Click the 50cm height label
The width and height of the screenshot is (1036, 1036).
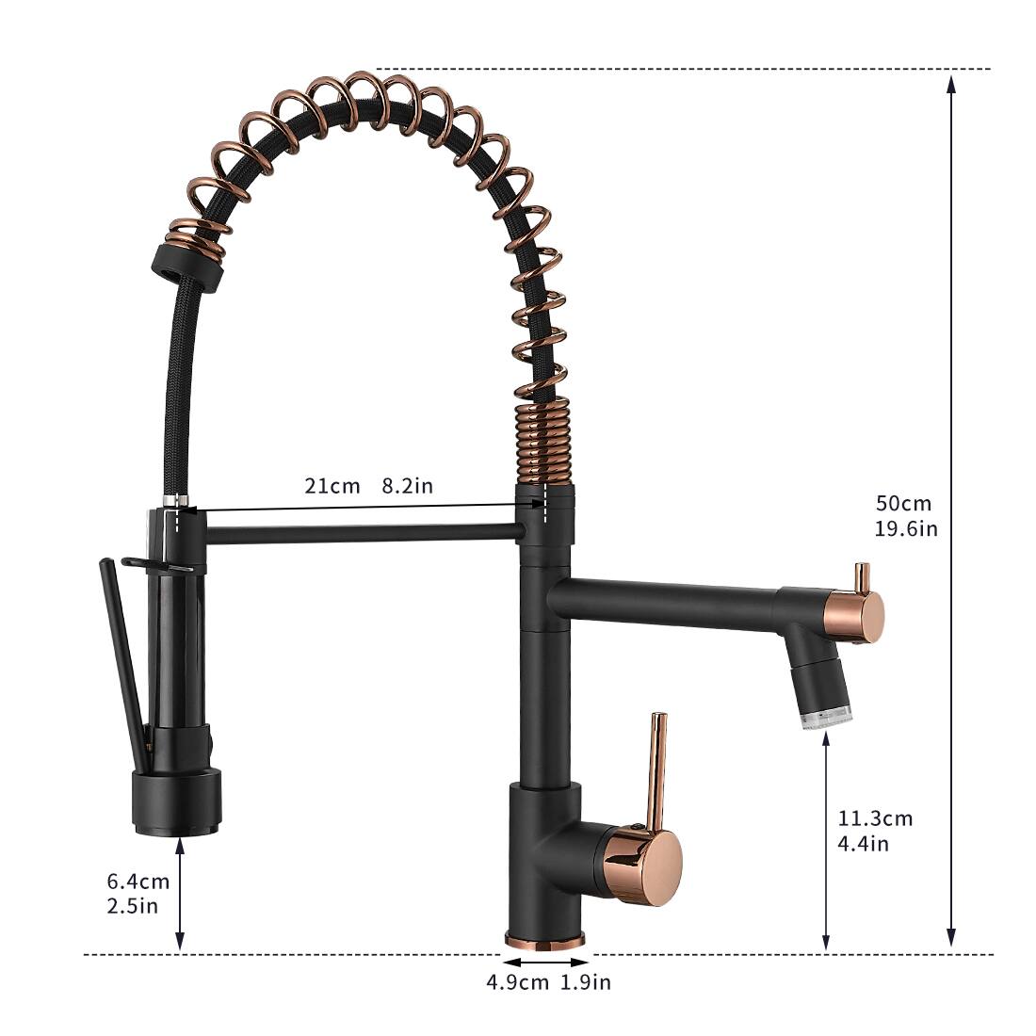(902, 504)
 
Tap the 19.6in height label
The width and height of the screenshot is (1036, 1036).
(906, 528)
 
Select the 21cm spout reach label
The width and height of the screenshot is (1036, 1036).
(332, 486)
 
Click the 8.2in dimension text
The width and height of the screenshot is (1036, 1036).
(407, 486)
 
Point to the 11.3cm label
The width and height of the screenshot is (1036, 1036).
(875, 818)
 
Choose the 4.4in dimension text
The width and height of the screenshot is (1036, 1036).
(863, 843)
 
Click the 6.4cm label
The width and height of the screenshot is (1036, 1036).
(138, 882)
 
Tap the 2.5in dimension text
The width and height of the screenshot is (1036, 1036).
(132, 906)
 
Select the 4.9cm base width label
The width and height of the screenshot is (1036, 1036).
(517, 982)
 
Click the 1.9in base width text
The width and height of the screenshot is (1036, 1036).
(586, 982)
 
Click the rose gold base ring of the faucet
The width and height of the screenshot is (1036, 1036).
(545, 939)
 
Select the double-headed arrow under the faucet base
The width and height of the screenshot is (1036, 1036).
(546, 962)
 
